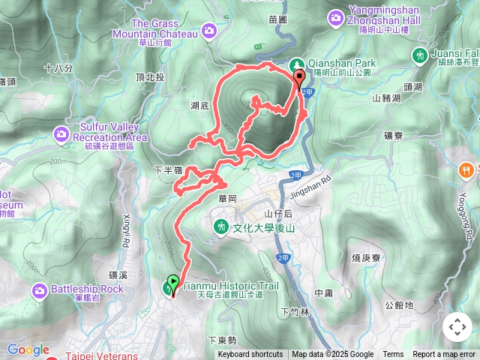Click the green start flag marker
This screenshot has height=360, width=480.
(x=172, y=284)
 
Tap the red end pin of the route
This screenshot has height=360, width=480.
(x=299, y=78)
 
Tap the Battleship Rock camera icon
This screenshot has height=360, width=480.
(x=40, y=289)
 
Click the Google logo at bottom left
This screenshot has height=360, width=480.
(x=28, y=349)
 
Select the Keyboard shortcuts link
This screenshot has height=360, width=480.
(x=250, y=355)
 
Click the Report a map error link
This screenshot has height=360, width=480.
(x=444, y=355)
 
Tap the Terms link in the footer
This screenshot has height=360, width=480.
(x=393, y=355)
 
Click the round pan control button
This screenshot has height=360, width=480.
(x=457, y=327)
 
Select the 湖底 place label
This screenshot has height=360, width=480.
(x=199, y=106)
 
